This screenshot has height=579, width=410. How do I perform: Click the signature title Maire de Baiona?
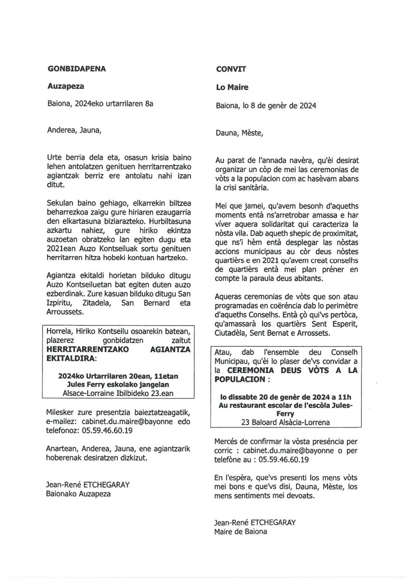point(240,532)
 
